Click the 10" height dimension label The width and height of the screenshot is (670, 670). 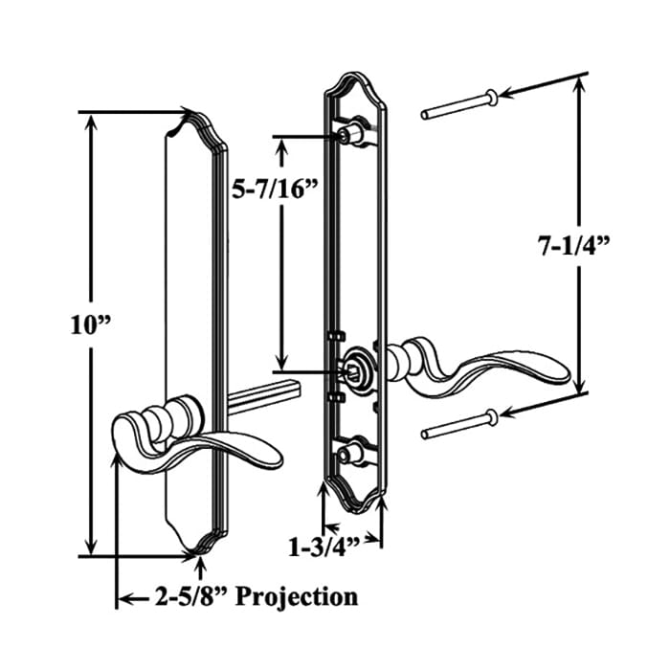pyautogui.click(x=93, y=324)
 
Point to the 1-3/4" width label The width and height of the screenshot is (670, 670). pyautogui.click(x=323, y=547)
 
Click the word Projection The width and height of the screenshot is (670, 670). pyautogui.click(x=297, y=597)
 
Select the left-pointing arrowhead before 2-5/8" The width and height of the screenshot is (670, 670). pyautogui.click(x=123, y=600)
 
